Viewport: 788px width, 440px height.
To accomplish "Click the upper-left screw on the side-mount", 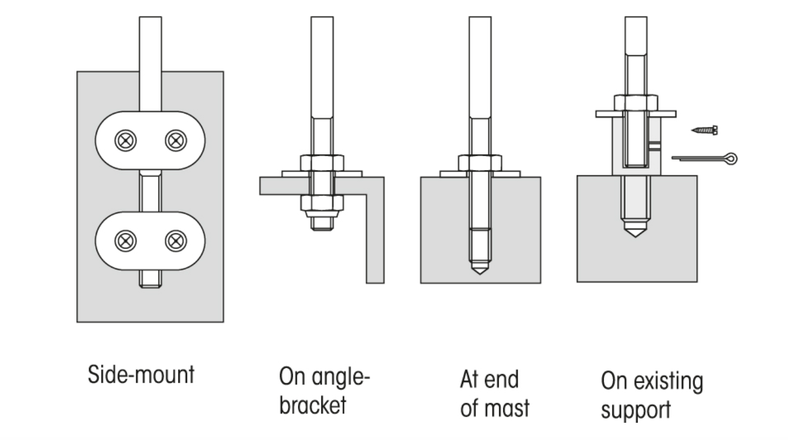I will pos(125,140).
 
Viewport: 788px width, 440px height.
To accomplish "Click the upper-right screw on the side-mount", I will pos(176,140).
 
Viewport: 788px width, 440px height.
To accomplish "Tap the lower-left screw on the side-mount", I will pos(125,241).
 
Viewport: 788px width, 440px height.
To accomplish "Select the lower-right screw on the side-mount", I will pos(176,241).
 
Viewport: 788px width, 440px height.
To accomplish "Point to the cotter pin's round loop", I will pos(730,157).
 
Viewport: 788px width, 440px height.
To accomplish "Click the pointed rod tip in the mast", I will pos(480,269).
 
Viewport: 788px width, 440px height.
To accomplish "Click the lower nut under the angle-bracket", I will pos(321,203).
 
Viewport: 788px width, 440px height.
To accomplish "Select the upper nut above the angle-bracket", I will pos(321,163).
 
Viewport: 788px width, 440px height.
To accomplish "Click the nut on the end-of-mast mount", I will pos(480,163).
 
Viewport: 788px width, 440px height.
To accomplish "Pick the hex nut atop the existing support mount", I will pos(636,102).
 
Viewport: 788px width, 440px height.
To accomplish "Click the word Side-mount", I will pos(141,375).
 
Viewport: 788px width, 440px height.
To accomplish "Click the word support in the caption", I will pos(635,410).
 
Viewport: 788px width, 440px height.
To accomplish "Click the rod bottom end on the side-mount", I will pos(150,280).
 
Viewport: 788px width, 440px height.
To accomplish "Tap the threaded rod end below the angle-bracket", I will pos(321,223).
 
